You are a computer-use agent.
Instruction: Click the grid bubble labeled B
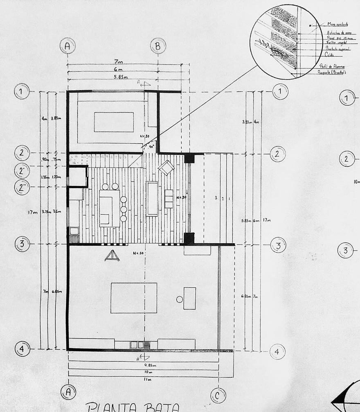pos(158,46)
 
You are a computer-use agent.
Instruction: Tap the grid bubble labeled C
pos(218,395)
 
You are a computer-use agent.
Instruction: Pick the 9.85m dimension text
pos(151,364)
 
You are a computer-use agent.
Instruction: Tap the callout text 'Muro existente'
pos(338,25)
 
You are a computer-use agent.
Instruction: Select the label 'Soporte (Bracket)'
pos(332,72)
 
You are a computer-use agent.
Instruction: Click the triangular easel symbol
pos(111,256)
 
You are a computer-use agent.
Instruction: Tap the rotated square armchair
pos(166,167)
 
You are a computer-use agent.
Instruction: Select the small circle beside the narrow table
pos(179,299)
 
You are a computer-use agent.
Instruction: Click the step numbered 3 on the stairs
pos(216,198)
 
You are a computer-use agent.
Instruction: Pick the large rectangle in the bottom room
pos(134,298)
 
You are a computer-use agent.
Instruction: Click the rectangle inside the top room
pos(114,122)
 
